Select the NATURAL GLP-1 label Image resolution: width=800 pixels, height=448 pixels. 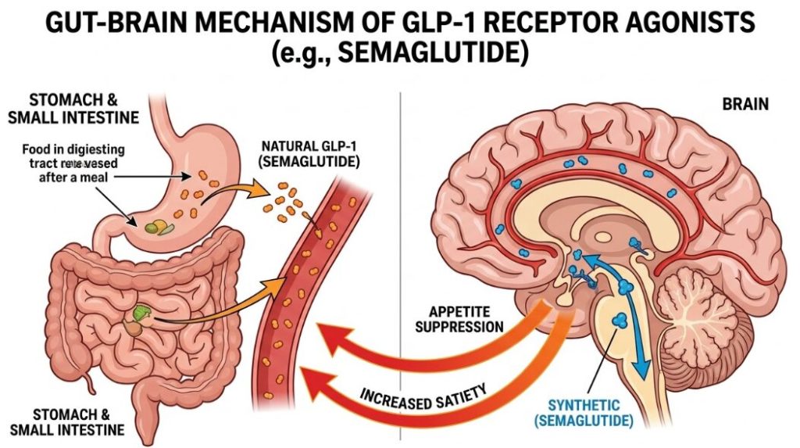[310, 155]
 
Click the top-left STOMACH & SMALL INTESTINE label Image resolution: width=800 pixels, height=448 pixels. [73, 109]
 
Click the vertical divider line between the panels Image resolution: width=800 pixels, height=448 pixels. [400, 235]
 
